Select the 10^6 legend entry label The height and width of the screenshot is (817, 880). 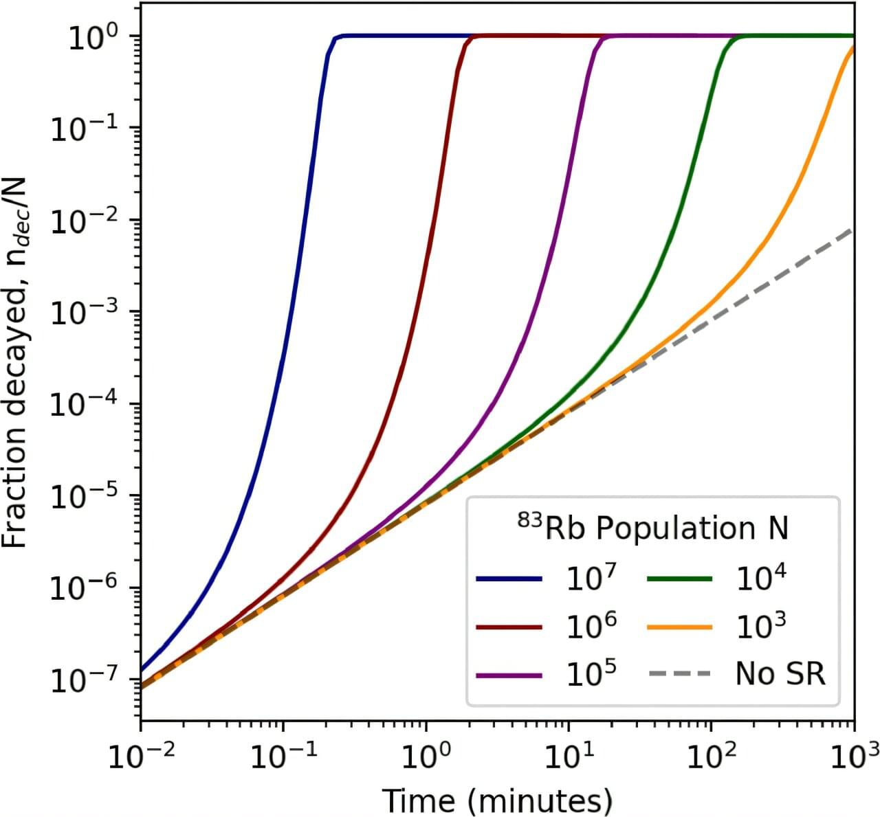[x=591, y=625]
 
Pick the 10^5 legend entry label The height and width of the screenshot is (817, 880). [x=591, y=673]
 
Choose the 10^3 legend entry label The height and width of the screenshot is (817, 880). [x=761, y=625]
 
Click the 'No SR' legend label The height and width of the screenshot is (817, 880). [x=780, y=673]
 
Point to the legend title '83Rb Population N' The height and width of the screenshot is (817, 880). [x=652, y=528]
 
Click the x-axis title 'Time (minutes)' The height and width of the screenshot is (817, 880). [x=496, y=801]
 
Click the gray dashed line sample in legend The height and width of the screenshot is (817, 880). [x=680, y=673]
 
